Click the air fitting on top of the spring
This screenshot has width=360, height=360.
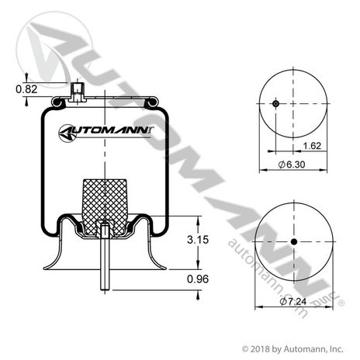(77, 94)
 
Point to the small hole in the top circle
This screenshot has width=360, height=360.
(275, 104)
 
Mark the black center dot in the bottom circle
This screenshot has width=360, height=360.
(293, 243)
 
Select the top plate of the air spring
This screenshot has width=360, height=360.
(104, 99)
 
